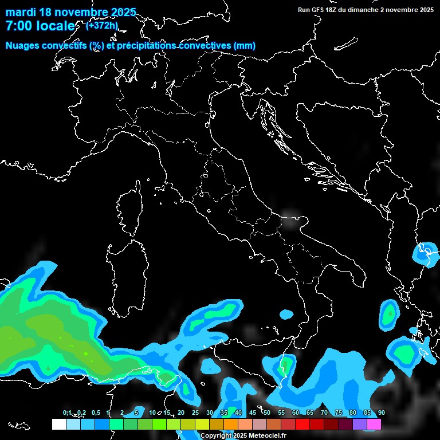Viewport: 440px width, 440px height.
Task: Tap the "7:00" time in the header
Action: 18,26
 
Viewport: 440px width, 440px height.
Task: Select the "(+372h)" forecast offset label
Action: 102,25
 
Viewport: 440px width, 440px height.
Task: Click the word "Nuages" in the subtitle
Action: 23,46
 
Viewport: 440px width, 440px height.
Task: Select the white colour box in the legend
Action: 58,425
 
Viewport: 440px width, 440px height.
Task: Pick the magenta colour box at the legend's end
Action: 374,425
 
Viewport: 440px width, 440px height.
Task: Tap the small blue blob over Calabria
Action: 286,314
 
